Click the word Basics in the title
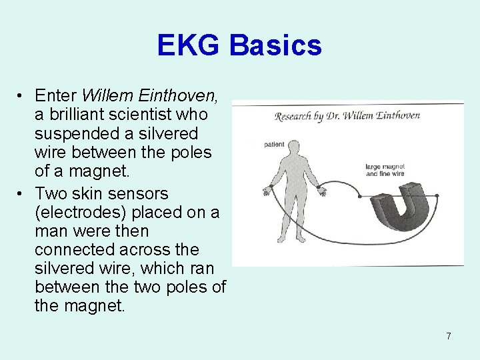[276, 45]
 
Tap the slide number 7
[448, 336]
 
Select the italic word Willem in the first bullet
[104, 96]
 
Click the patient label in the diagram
[274, 144]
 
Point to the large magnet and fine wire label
[385, 169]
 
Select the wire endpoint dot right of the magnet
[438, 196]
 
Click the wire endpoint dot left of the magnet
[360, 196]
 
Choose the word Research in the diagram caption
[296, 117]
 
